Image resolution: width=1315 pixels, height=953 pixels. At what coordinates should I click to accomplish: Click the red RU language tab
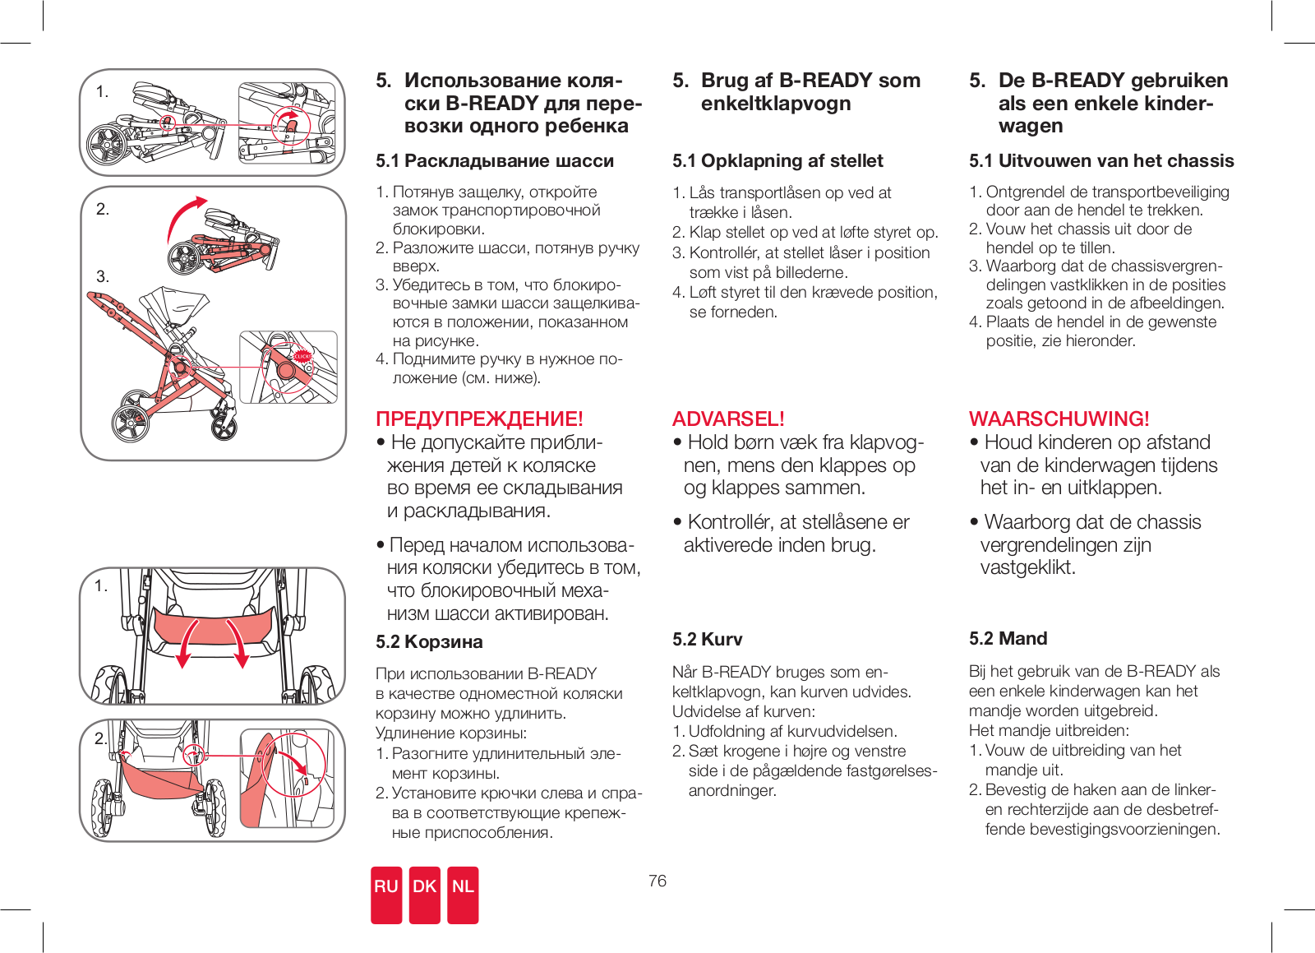pos(385,894)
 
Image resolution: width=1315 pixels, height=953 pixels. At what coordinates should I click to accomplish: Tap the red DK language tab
pos(424,894)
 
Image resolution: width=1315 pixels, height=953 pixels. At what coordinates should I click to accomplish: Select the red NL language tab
pos(463,894)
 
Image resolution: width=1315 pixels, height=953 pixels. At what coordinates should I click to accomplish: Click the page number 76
pos(657,881)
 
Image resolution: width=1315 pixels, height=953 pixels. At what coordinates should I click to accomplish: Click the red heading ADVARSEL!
pos(728,419)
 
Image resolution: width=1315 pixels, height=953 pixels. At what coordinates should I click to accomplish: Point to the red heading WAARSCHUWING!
pos(1059,419)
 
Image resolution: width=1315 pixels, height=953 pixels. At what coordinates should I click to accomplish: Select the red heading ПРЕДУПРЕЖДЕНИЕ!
pos(479,419)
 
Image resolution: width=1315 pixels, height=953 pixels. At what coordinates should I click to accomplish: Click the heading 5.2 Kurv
pos(707,639)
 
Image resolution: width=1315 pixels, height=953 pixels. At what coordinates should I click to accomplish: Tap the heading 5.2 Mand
pos(1008,638)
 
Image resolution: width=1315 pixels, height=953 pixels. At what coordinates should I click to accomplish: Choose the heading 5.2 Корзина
pos(429,641)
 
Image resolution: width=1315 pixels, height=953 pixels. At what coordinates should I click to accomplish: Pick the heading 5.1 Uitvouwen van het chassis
pos(1101,160)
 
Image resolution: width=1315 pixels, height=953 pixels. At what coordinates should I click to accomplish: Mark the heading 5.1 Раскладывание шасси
pos(495,160)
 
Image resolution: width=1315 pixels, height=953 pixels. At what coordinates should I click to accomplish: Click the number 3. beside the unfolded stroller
pos(103,276)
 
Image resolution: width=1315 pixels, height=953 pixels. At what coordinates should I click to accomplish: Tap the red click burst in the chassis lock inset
pos(302,356)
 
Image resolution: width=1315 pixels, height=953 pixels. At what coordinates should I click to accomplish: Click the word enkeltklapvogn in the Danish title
pos(775,104)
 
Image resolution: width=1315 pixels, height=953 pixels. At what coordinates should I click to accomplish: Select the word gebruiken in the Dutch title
pos(1179,81)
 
